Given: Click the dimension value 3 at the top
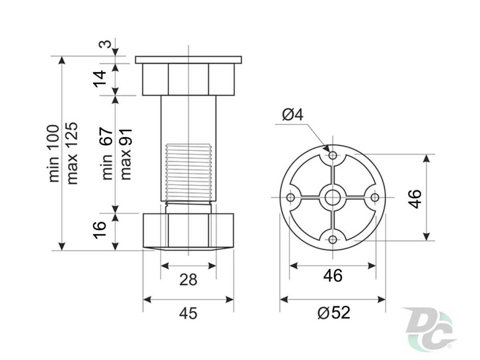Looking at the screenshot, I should [x=105, y=43].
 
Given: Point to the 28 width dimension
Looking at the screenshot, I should [x=188, y=280].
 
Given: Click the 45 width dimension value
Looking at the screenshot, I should [x=188, y=313].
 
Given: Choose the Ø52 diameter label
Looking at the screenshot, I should [x=334, y=312].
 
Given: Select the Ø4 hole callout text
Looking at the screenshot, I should [x=293, y=115].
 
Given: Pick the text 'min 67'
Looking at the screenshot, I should [x=107, y=154].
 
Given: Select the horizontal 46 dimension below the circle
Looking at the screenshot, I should [x=333, y=276].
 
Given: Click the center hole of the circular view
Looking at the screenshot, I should [x=332, y=197].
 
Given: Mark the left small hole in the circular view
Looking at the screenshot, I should [x=290, y=197].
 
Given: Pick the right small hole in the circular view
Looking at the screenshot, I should [x=375, y=197].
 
